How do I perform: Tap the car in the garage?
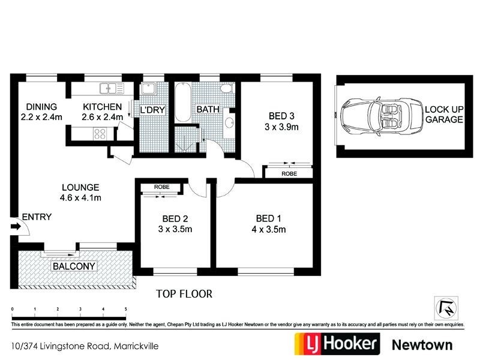click(x=373, y=116)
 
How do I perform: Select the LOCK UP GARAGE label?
click(x=444, y=115)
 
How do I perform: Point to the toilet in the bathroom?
click(x=226, y=89)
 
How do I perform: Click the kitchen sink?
click(x=112, y=89)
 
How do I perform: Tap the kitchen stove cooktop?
click(x=99, y=134)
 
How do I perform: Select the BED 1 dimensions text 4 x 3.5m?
click(x=269, y=229)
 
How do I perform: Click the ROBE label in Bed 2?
click(x=161, y=187)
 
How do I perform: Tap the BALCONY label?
click(x=74, y=266)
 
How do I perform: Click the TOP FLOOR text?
click(x=184, y=294)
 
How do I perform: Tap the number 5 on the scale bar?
click(x=125, y=309)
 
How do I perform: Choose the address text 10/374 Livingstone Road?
click(x=60, y=346)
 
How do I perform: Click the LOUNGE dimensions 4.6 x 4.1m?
click(x=80, y=197)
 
